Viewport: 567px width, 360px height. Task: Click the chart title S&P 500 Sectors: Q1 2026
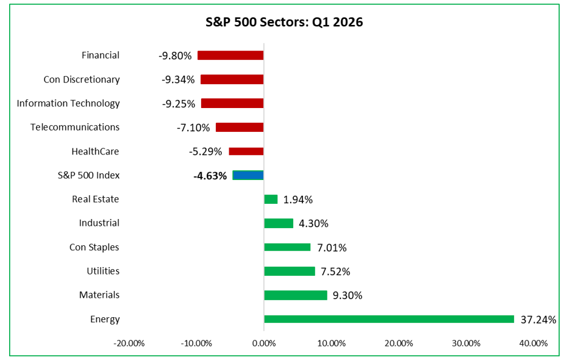[x=283, y=23]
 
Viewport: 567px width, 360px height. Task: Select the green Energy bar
[x=389, y=319]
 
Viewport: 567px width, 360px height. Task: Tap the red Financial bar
[x=230, y=56]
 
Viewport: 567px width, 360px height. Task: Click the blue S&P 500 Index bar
[x=248, y=175]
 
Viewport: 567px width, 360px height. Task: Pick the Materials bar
[x=296, y=295]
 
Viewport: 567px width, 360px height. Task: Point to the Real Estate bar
[x=271, y=200]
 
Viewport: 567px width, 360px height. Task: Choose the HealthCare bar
[x=246, y=151]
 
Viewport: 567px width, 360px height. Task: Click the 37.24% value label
[x=538, y=319]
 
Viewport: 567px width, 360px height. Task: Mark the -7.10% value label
[x=194, y=128]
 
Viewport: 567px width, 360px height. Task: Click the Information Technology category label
[x=68, y=103]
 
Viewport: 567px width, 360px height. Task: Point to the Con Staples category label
[x=94, y=247]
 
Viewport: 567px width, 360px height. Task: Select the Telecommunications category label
[x=75, y=127]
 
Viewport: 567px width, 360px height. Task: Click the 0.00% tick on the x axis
[x=264, y=343]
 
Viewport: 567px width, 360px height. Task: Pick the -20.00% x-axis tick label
[x=129, y=343]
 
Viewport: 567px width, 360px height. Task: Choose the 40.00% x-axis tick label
[x=533, y=343]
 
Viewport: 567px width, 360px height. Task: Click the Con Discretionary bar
[x=232, y=79]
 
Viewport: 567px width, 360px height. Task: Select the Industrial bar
[x=279, y=223]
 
